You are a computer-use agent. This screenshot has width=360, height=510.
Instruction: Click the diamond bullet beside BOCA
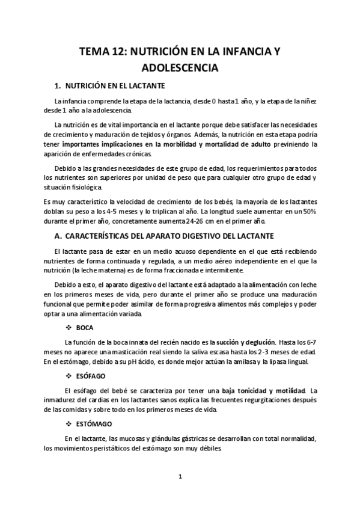click(67, 327)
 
